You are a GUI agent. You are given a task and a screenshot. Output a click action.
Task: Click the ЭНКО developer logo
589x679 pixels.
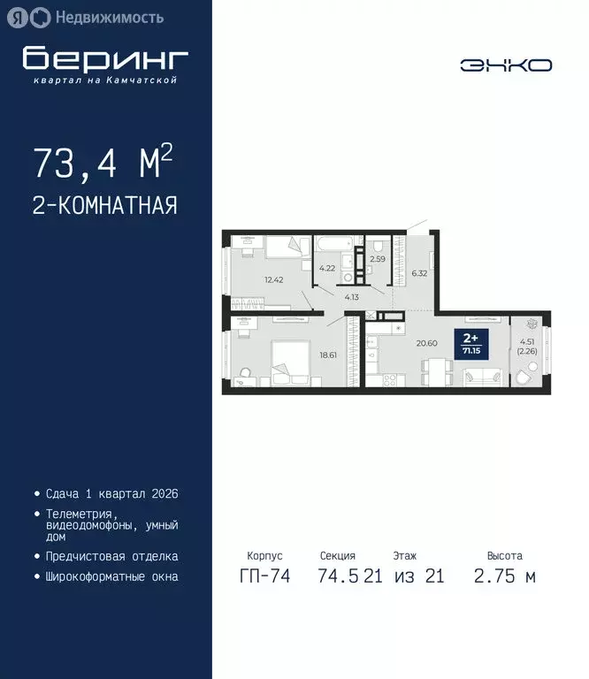click(x=505, y=65)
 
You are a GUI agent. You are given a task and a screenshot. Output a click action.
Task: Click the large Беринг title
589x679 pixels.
click(x=105, y=58)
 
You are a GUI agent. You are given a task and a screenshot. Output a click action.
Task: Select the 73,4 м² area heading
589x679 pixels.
click(x=102, y=163)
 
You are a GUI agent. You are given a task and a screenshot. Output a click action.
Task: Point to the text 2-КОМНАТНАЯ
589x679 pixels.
click(x=104, y=206)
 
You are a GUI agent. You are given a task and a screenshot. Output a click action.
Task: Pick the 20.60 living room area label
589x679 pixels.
click(x=427, y=343)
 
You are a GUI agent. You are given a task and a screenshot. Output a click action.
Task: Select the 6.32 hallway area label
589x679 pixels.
click(x=419, y=273)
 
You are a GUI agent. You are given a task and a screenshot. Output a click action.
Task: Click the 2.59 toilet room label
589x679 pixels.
click(x=378, y=259)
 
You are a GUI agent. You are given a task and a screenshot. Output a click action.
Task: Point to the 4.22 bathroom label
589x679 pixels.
click(x=327, y=268)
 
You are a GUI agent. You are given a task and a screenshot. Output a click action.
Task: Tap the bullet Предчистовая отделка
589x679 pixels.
click(x=111, y=556)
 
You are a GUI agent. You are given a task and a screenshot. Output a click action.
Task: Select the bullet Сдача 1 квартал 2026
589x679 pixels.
click(x=105, y=493)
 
